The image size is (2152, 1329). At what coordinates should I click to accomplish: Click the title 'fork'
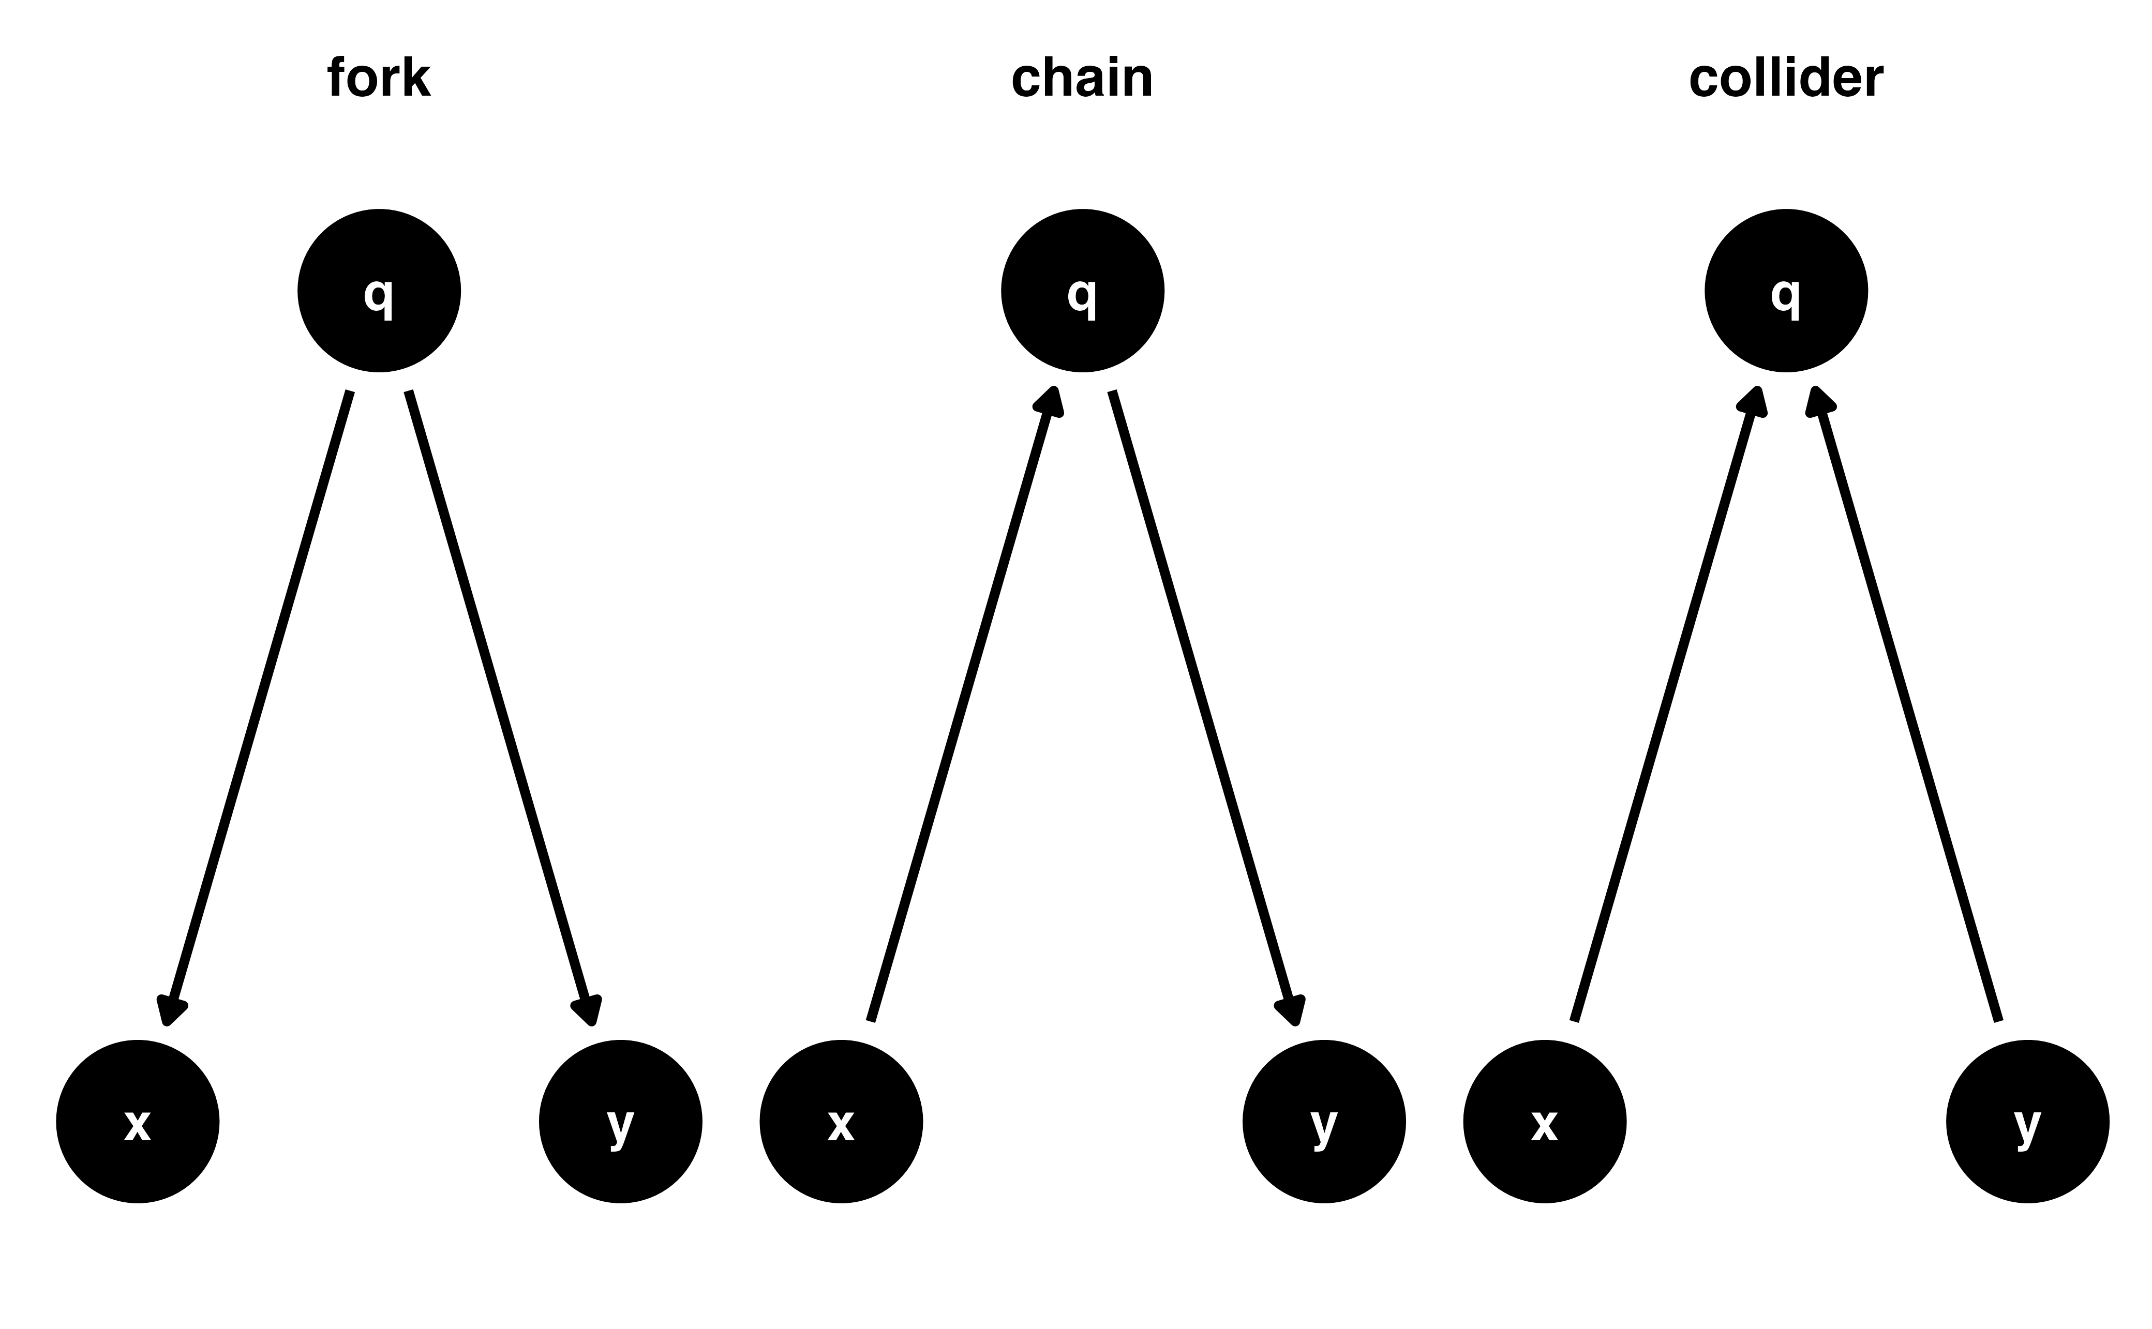point(379,79)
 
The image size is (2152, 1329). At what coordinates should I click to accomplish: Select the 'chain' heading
point(1082,79)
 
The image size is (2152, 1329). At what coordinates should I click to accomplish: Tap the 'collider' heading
point(1785,79)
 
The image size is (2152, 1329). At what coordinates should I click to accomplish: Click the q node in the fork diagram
point(379,291)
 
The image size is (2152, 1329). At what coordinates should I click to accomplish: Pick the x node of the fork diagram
point(138,1123)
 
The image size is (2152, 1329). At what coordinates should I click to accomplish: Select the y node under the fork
point(621,1123)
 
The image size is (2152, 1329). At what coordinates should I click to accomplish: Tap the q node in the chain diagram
point(1082,291)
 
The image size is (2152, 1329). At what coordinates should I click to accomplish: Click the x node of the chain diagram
point(841,1123)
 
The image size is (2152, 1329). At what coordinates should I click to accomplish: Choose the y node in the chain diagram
point(1324,1123)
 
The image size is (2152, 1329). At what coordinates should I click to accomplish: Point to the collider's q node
point(1785,291)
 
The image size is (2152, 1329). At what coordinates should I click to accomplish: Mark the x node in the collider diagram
point(1545,1123)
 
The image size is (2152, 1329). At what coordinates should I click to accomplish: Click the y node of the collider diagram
point(2027,1123)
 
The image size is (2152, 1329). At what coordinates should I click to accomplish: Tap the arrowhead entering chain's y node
point(1290,1011)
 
